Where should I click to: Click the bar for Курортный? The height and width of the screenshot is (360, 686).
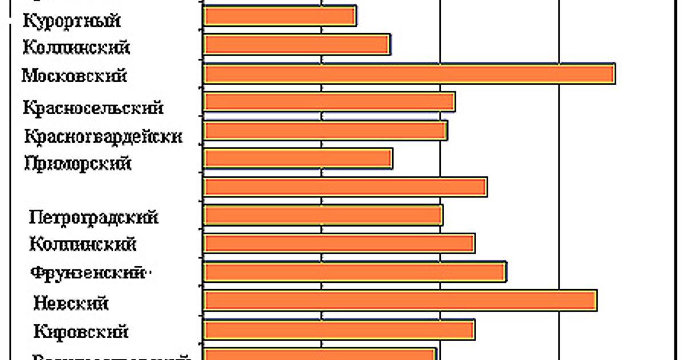[x=280, y=16]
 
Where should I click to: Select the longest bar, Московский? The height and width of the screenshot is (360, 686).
[x=409, y=74]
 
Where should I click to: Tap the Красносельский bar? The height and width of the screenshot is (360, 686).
[x=329, y=102]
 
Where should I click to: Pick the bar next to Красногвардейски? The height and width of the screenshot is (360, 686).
[x=326, y=130]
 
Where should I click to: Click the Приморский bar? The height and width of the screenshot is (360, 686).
[x=298, y=159]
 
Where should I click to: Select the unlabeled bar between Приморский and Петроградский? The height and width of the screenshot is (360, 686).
[x=345, y=187]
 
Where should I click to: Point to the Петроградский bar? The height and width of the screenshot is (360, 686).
[x=324, y=215]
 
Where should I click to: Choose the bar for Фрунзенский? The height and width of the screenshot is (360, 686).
[x=355, y=272]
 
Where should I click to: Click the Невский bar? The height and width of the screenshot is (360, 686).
[x=400, y=301]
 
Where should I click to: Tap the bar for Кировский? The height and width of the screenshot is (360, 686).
[x=340, y=330]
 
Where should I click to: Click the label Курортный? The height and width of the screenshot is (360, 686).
[x=72, y=21]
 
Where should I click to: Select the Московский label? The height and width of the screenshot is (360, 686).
[x=74, y=75]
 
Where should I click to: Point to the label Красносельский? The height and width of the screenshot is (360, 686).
[x=93, y=107]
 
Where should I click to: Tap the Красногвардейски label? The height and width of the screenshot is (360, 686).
[x=103, y=136]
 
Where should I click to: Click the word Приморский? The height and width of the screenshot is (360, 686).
[x=78, y=163]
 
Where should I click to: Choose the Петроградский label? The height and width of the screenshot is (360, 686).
[x=94, y=217]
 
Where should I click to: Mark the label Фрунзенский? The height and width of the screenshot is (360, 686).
[x=87, y=273]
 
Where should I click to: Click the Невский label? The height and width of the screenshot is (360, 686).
[x=71, y=302]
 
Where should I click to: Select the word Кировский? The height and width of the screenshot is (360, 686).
[x=81, y=331]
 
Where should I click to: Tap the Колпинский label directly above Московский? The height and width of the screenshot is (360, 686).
[x=76, y=47]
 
